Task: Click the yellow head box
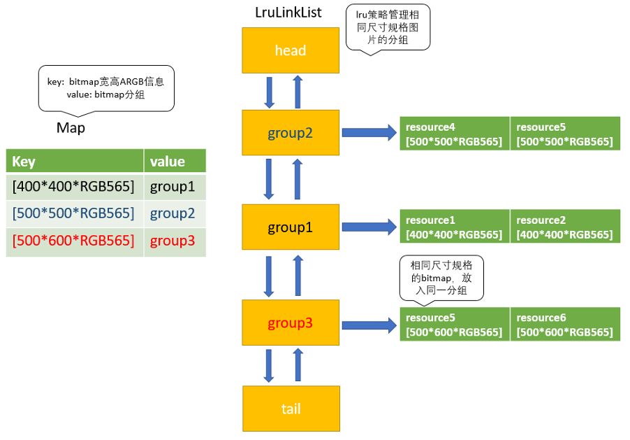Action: pyautogui.click(x=291, y=50)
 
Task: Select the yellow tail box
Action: pyautogui.click(x=291, y=408)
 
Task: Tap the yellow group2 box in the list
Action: pyautogui.click(x=291, y=132)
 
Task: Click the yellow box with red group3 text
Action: pyautogui.click(x=291, y=323)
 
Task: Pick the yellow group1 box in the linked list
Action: pyautogui.click(x=291, y=227)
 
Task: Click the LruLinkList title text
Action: pyautogui.click(x=288, y=13)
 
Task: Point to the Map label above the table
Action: pyautogui.click(x=71, y=129)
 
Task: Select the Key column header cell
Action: pyautogui.click(x=75, y=162)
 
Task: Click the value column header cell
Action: pyautogui.click(x=175, y=162)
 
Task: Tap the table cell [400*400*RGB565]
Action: pyautogui.click(x=75, y=187)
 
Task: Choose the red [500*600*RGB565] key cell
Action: pyautogui.click(x=75, y=241)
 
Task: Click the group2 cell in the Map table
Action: pyautogui.click(x=175, y=213)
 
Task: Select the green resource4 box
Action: pyautogui.click(x=454, y=134)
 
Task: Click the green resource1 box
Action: pyautogui.click(x=454, y=227)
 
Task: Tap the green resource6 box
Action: pyautogui.click(x=565, y=324)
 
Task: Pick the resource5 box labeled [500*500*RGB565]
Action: pyautogui.click(x=565, y=134)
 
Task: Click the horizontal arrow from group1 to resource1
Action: pyautogui.click(x=368, y=227)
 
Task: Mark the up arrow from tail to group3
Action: pyautogui.click(x=298, y=365)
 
